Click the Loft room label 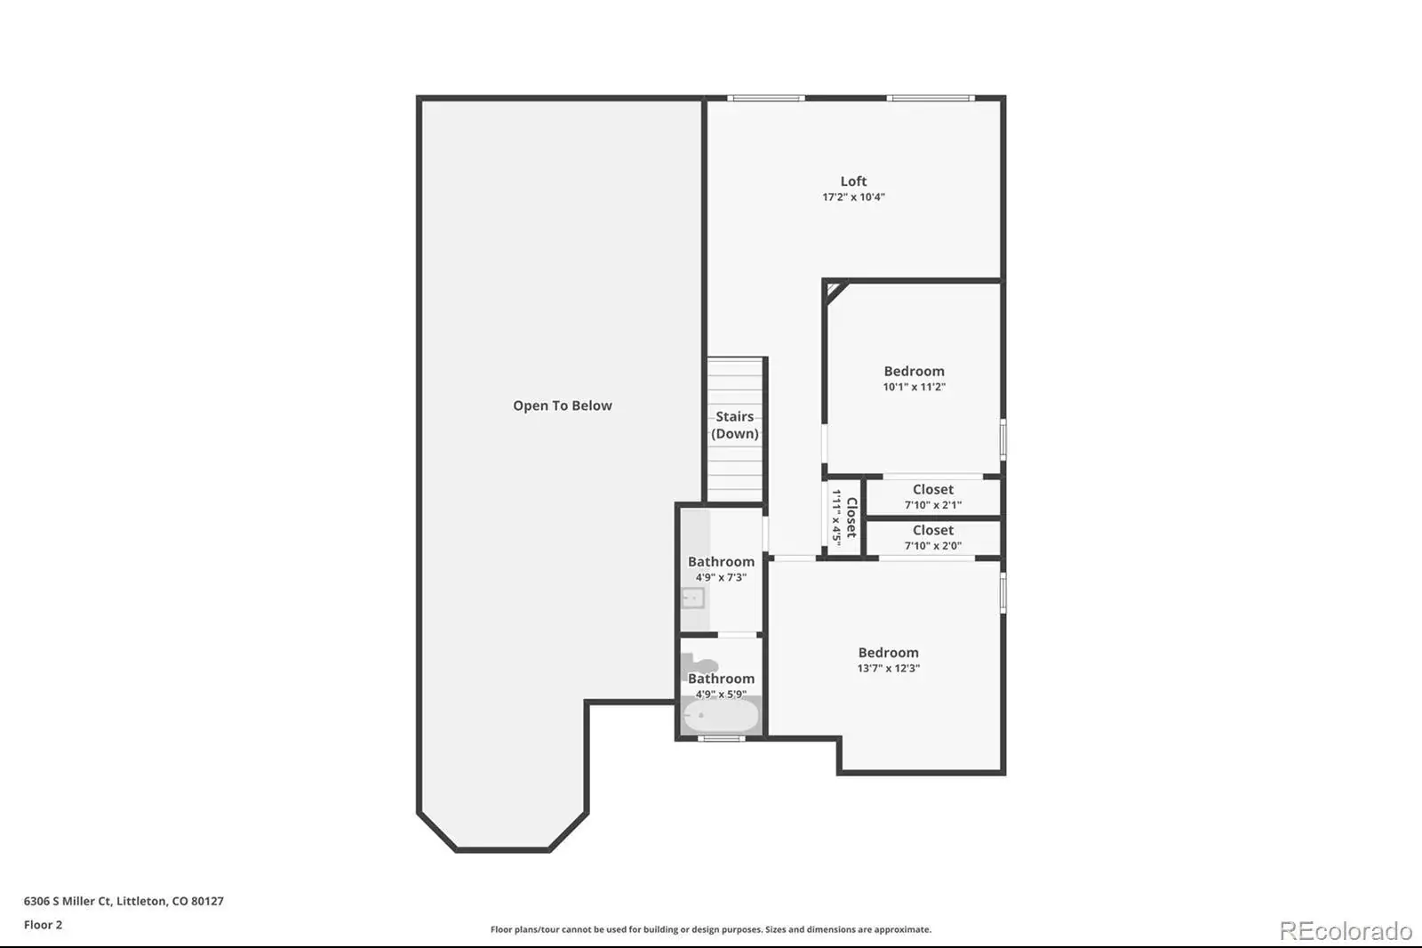[x=853, y=181]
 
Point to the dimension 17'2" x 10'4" [x=853, y=197]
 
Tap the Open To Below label [x=563, y=406]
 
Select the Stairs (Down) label [x=734, y=425]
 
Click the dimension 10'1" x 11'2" [x=915, y=386]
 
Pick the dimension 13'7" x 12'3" [x=888, y=668]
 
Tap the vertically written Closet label [x=852, y=518]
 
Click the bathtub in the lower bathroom [x=720, y=716]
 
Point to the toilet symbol [x=699, y=664]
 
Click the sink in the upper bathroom [x=692, y=598]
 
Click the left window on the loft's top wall [x=766, y=98]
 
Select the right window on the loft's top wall [x=931, y=98]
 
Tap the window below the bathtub [x=721, y=738]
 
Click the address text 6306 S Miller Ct [x=68, y=901]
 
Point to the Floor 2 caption [x=44, y=925]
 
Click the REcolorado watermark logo [x=1346, y=931]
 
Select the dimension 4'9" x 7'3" [x=721, y=577]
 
